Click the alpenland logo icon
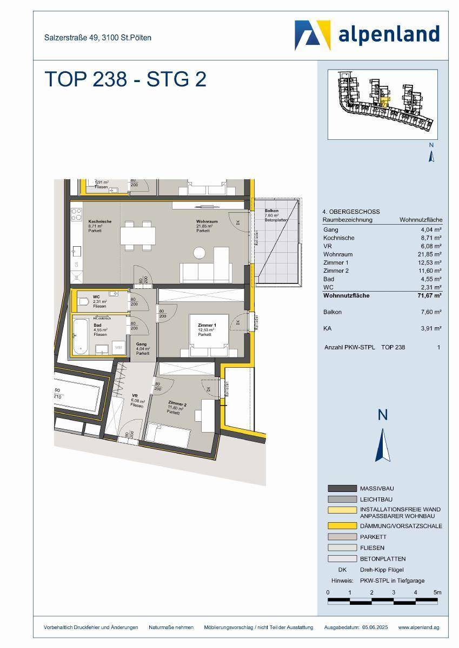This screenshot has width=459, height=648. pos(312,35)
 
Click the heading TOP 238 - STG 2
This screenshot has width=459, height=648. pos(125,79)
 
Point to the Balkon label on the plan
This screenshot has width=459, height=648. pos(271,211)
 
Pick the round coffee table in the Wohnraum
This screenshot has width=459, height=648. pos(199,252)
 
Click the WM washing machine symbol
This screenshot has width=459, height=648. pos(118,348)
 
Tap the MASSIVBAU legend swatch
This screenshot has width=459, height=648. pos(342,488)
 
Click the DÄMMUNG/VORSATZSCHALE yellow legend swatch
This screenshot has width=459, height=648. pos(342,525)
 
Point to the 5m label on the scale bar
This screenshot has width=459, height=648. pos(438,592)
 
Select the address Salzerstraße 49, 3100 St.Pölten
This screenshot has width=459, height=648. pos(98,38)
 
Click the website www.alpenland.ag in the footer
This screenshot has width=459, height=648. pos(418,627)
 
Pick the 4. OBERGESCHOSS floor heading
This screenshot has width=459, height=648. pos(351,212)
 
